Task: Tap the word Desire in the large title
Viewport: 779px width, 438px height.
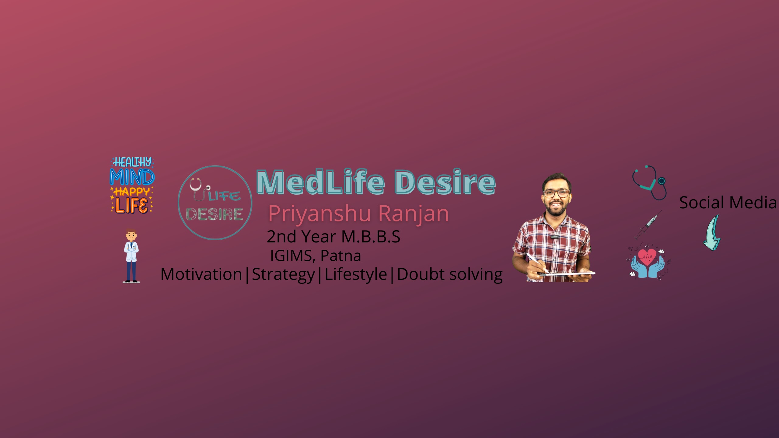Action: point(445,182)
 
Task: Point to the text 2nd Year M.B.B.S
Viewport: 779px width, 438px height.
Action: point(334,237)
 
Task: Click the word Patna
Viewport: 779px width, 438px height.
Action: point(341,255)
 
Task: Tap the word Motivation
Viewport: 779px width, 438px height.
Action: point(201,274)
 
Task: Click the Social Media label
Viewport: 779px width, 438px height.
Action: point(728,203)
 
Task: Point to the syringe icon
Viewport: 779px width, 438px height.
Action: point(648,224)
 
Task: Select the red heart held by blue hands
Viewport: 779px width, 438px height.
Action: point(647,256)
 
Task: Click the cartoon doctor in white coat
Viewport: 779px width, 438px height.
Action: point(131,256)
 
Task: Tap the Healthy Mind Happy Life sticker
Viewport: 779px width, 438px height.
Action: point(132,185)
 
